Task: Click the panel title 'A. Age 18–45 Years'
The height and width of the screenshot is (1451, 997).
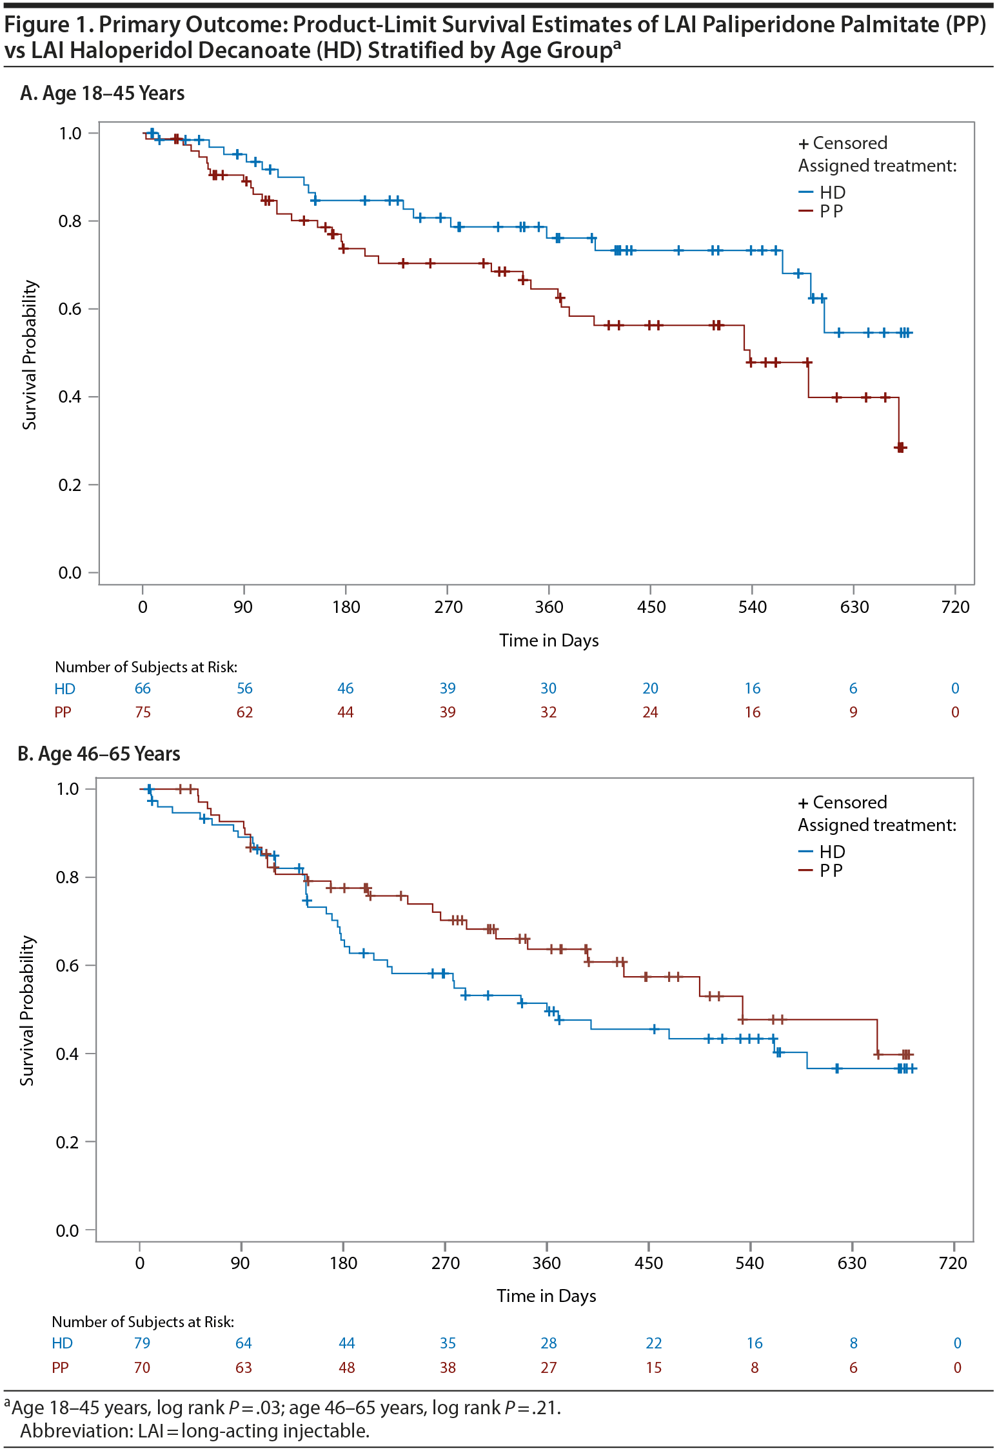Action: click(103, 94)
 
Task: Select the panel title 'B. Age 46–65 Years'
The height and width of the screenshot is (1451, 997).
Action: click(99, 754)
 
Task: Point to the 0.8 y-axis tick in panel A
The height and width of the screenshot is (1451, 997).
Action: click(70, 221)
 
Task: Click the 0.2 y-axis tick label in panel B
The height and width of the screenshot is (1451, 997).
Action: click(67, 1142)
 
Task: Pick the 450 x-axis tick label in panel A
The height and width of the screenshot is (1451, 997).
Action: click(651, 607)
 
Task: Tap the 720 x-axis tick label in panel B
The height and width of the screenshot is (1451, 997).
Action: click(953, 1263)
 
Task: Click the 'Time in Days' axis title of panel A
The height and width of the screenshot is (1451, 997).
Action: click(549, 641)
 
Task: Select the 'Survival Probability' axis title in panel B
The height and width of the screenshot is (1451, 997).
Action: click(27, 1010)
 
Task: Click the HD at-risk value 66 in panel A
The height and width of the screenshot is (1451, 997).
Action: click(143, 688)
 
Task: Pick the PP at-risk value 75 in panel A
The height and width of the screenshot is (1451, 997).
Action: click(143, 712)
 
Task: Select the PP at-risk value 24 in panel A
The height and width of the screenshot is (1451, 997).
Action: click(650, 712)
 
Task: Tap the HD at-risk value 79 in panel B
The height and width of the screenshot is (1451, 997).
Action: click(142, 1343)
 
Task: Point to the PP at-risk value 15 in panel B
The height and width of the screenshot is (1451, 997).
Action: click(653, 1368)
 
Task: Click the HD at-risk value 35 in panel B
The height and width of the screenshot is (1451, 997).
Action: click(448, 1343)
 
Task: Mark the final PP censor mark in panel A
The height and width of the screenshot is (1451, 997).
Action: click(901, 447)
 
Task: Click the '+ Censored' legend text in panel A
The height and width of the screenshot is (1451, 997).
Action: click(843, 143)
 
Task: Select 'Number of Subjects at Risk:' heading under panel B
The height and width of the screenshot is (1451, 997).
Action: click(143, 1322)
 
